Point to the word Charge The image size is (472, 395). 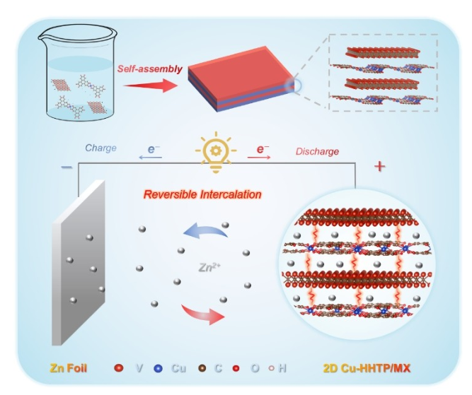pyautogui.click(x=100, y=148)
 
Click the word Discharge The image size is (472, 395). pyautogui.click(x=317, y=151)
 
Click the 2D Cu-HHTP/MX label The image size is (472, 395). pyautogui.click(x=368, y=368)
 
